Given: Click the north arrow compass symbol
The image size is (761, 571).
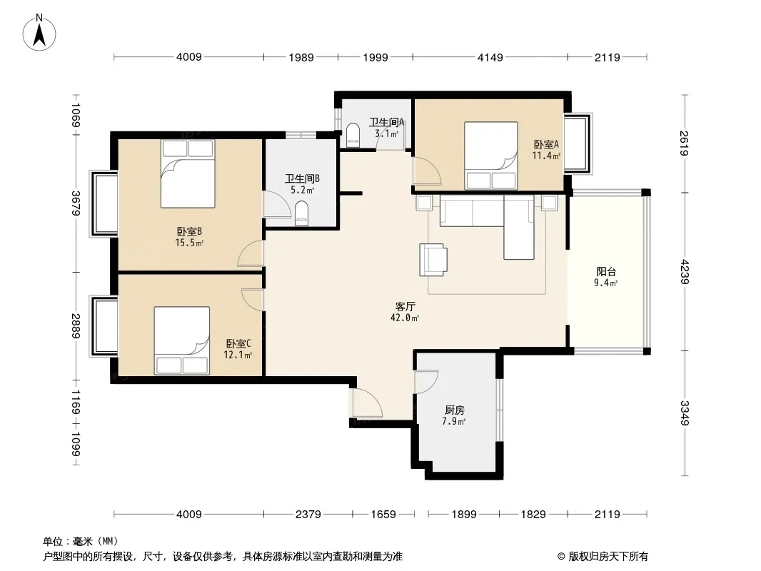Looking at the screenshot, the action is coord(39,33).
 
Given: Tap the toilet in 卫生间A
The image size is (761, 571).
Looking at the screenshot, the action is coord(353,135).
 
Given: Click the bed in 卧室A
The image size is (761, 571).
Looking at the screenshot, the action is coord(490,156).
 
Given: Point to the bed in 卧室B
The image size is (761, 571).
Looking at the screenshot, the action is coord(188,173).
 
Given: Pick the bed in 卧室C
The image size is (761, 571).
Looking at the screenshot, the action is coord(182,340).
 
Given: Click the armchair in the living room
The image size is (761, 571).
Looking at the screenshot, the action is coord(433,260).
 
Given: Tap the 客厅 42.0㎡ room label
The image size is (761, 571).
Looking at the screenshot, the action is coord(405,312).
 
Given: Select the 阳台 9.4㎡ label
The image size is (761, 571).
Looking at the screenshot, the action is coord(606,277).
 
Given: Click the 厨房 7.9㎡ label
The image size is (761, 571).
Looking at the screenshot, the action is coord(454,415).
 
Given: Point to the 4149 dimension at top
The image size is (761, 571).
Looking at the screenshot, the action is coord(490,57).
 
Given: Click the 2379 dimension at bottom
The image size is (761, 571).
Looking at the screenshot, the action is coord(308,514).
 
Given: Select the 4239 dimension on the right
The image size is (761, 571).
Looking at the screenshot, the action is coord(685,272).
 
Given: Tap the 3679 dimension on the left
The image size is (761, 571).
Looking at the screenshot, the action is coord(76,203).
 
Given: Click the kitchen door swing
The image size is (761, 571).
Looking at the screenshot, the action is coord(427,382).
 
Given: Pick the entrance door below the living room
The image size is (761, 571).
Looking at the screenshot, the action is coord(368,403).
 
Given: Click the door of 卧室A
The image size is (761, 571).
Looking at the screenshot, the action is coord(427,171).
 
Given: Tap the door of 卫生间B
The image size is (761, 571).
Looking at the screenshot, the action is coord(277,204).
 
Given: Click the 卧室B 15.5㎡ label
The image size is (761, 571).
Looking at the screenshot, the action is coord(188,237).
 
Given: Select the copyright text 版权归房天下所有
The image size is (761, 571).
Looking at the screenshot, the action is coord(608,557).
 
